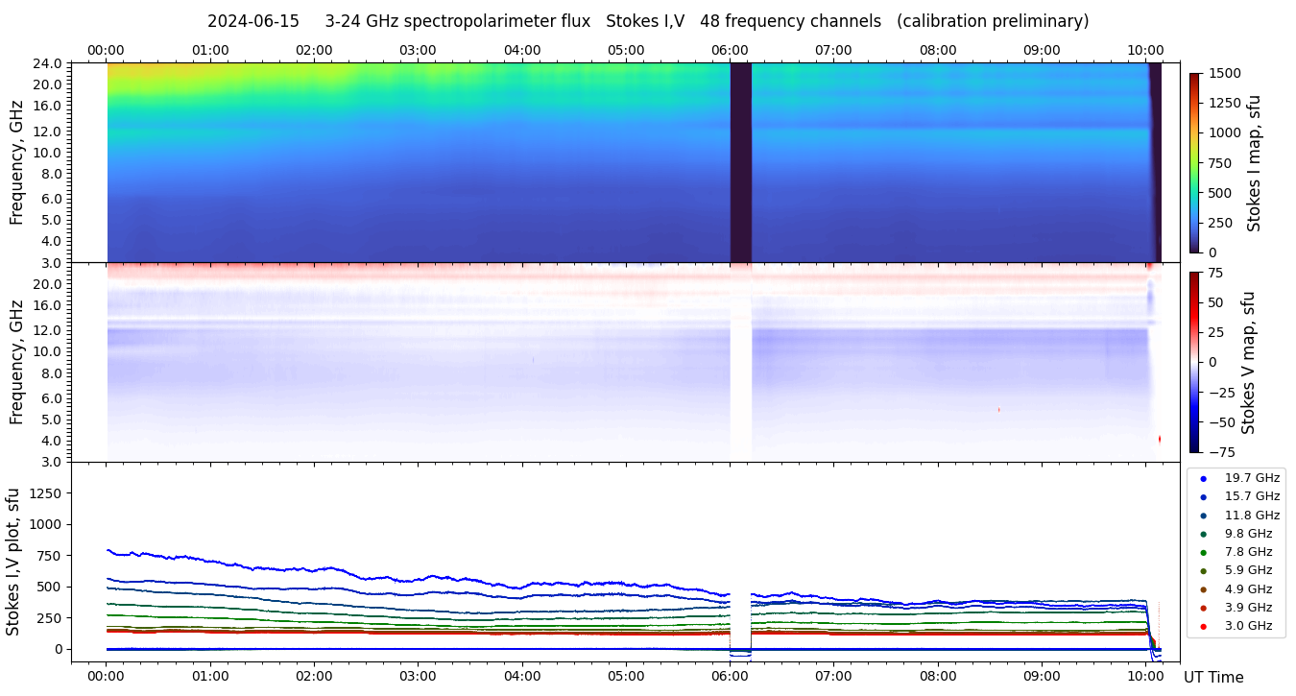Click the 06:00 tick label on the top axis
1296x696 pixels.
[x=730, y=50]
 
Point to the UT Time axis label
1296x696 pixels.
[x=1212, y=677]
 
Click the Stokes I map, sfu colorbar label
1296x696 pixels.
[x=1254, y=163]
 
